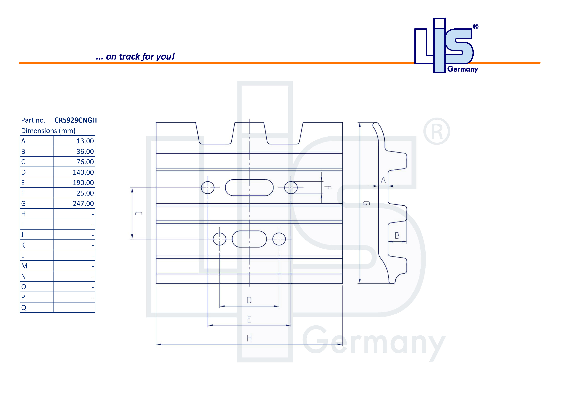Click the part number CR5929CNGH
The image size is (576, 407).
click(x=76, y=120)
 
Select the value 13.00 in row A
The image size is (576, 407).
click(x=85, y=141)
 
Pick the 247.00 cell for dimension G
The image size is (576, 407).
click(x=83, y=203)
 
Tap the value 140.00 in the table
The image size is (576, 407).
click(x=83, y=172)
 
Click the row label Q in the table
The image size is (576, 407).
click(x=24, y=308)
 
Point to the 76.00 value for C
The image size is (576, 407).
click(x=85, y=162)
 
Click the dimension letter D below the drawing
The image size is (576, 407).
click(x=249, y=300)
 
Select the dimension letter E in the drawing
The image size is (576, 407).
click(x=249, y=319)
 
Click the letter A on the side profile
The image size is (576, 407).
click(x=383, y=180)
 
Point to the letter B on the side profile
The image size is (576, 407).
click(x=397, y=236)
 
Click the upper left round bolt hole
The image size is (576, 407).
click(x=208, y=188)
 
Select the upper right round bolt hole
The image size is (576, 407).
click(x=291, y=188)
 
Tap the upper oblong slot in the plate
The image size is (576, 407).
click(x=249, y=188)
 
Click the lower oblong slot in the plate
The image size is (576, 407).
click(x=249, y=239)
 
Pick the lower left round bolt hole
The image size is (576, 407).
click(x=220, y=239)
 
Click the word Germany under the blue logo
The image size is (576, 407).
click(x=463, y=69)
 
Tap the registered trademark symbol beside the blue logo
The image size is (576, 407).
click(x=475, y=27)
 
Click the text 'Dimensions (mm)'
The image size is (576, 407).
click(x=48, y=131)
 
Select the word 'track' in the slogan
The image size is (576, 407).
click(x=129, y=57)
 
